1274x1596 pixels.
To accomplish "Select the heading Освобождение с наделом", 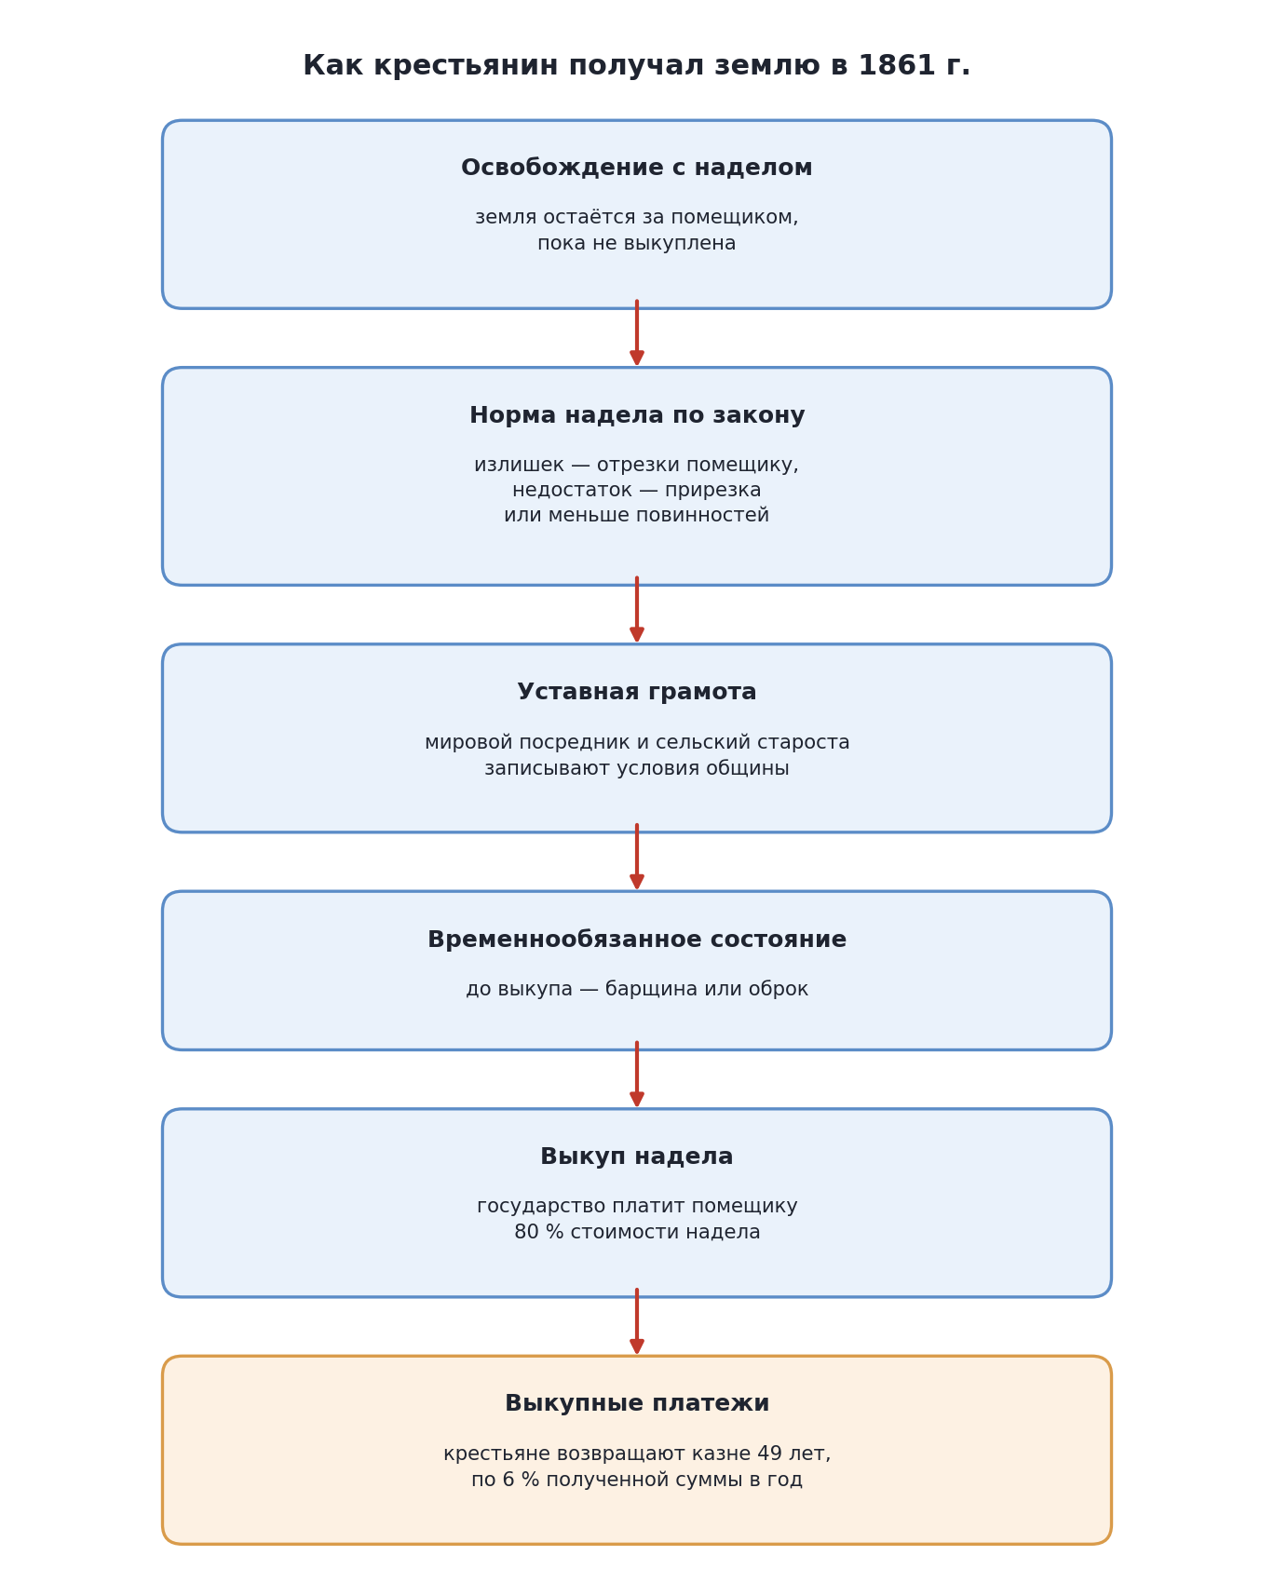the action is pyautogui.click(x=637, y=168).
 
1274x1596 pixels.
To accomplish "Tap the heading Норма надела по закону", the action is pyautogui.click(x=637, y=415).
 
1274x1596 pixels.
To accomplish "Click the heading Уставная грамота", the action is pyautogui.click(x=637, y=692).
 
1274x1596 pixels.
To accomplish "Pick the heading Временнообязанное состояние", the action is pyautogui.click(x=637, y=940).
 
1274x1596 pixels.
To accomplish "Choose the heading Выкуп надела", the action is pyautogui.click(x=637, y=1156).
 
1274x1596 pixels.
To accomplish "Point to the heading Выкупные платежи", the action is pyautogui.click(x=637, y=1403).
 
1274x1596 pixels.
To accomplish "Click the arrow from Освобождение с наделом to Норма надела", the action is pyautogui.click(x=637, y=333).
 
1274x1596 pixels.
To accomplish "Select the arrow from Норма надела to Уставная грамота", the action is pyautogui.click(x=637, y=610).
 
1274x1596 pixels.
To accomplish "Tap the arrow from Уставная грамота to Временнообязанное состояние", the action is pyautogui.click(x=637, y=858).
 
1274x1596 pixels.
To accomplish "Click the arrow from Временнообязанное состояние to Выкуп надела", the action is pyautogui.click(x=637, y=1075).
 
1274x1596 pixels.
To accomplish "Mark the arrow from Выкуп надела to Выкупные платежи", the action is pyautogui.click(x=637, y=1322).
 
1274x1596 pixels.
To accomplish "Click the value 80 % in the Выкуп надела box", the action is pyautogui.click(x=538, y=1232).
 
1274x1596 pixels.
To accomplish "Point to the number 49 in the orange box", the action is pyautogui.click(x=770, y=1454).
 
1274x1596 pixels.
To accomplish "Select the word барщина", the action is pyautogui.click(x=649, y=990).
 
